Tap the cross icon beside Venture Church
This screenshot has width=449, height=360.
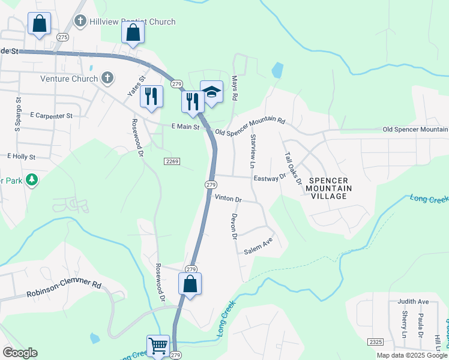(107, 78)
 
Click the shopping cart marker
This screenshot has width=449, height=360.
(158, 345)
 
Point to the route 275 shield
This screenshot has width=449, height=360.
(63, 37)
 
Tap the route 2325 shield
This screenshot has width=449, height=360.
(376, 341)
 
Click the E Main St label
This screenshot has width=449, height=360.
(185, 127)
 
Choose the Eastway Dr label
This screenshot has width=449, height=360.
(270, 178)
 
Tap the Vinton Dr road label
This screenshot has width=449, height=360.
(228, 199)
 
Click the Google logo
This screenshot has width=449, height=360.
(20, 353)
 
